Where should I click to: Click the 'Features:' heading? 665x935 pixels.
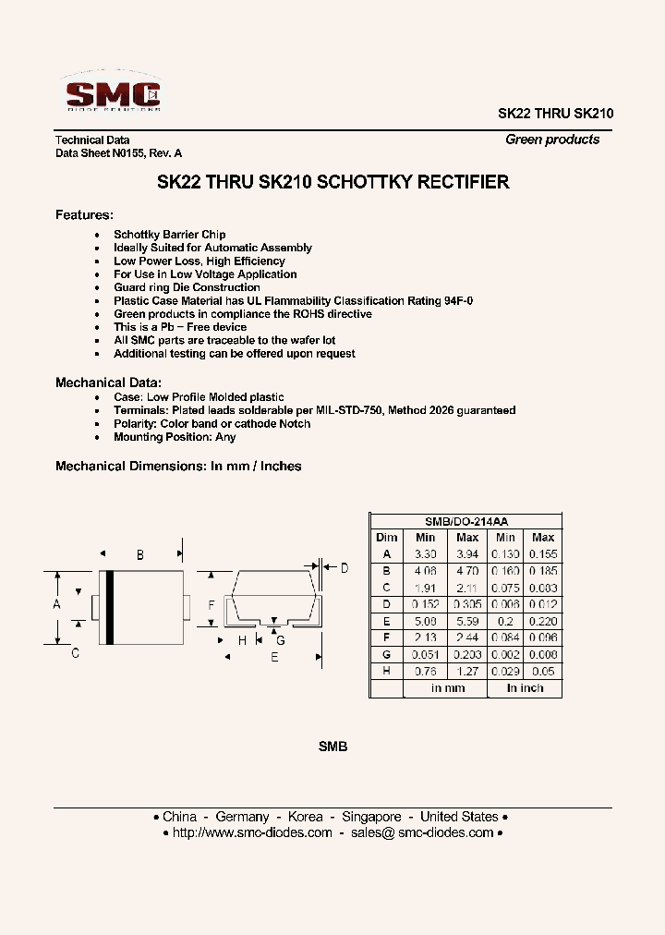[x=84, y=214]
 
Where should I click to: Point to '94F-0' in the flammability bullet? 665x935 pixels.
[x=456, y=301]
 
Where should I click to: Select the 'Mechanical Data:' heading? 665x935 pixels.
[x=108, y=382]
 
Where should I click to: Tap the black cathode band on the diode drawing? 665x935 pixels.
[x=109, y=606]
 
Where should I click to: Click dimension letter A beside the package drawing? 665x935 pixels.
[x=57, y=604]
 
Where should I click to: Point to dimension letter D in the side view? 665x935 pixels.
[x=345, y=568]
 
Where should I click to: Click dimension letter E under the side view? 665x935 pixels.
[x=273, y=658]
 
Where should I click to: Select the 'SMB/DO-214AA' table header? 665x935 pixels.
[x=465, y=520]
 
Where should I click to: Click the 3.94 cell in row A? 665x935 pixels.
[x=467, y=554]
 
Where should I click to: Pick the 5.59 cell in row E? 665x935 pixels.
[x=467, y=621]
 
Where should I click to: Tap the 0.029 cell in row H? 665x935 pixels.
[x=505, y=671]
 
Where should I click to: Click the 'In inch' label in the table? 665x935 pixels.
[x=525, y=688]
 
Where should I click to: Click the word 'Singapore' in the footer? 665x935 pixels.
[x=371, y=817]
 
